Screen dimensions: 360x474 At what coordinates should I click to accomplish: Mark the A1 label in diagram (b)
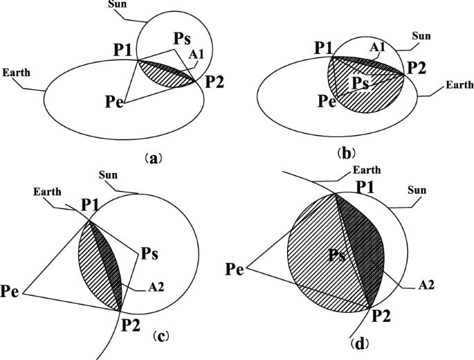(377, 48)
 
